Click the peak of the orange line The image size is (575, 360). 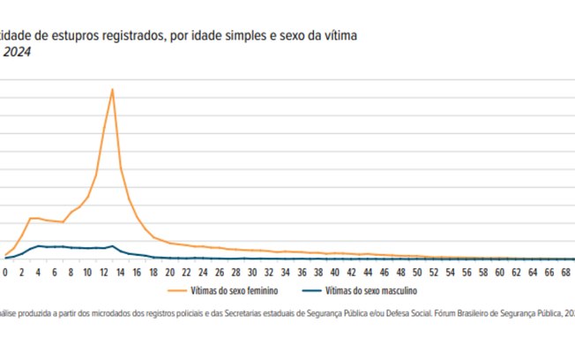coord(112,89)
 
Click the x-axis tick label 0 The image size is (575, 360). coord(5,273)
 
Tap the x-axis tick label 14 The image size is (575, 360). coord(120,273)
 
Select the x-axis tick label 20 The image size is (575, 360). coord(169,273)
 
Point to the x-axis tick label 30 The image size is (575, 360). coord(252,273)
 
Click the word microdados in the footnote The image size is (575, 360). coord(120,312)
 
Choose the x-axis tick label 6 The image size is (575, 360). coord(55,273)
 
